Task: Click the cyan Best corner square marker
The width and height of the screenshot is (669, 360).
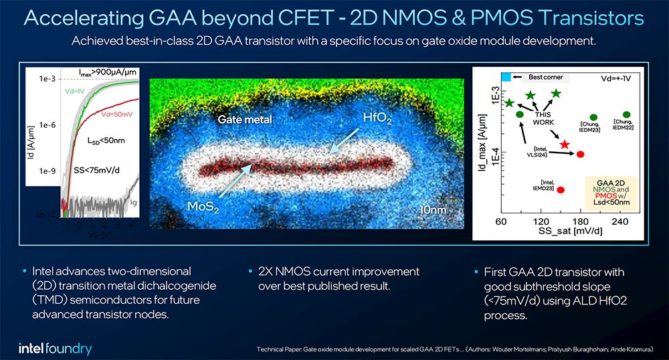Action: pos(506,78)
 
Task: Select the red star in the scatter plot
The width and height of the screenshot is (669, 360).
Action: pos(565,144)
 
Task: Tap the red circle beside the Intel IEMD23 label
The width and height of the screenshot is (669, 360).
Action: pos(561,190)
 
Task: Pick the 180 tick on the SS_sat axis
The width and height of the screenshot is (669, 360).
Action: pos(579,221)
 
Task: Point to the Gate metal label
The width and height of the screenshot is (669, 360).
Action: pos(244,120)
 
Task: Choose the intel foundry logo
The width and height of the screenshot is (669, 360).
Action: pos(56,348)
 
